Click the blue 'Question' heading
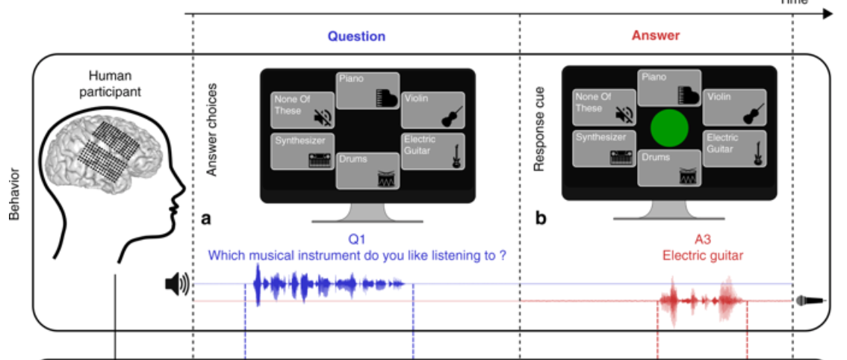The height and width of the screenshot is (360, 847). point(356,36)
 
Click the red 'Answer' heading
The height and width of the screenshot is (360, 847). point(655,35)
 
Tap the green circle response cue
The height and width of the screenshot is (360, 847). point(669,129)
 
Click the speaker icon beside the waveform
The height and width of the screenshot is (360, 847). point(177,284)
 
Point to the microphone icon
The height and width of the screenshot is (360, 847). point(810,301)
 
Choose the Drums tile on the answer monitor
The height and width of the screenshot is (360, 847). point(668,167)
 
